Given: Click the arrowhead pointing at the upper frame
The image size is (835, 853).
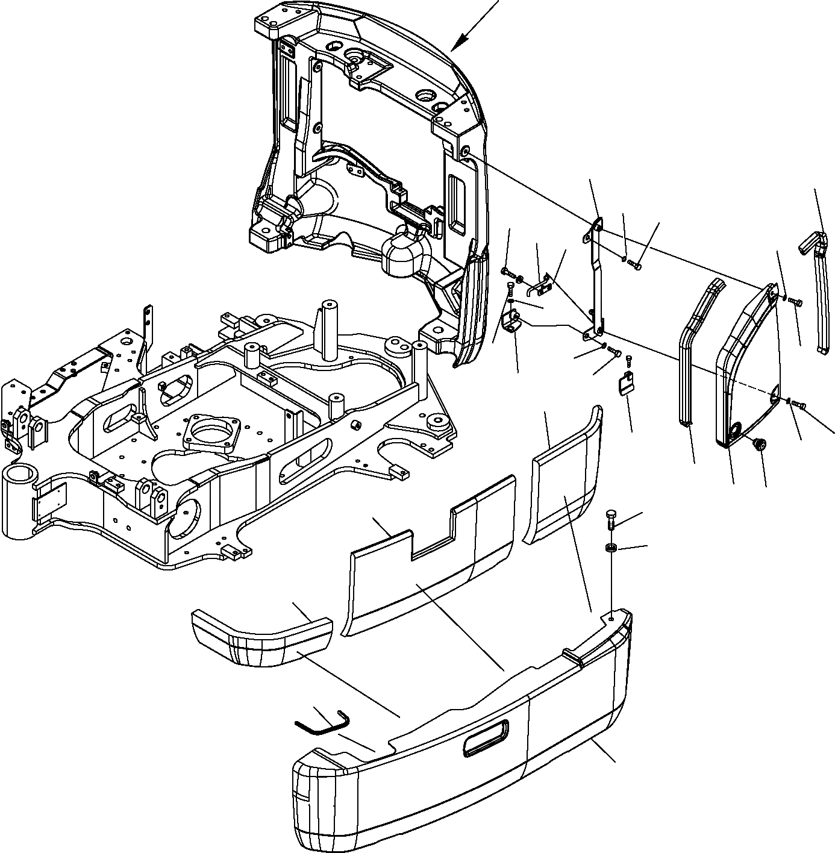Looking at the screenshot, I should (x=459, y=42).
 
